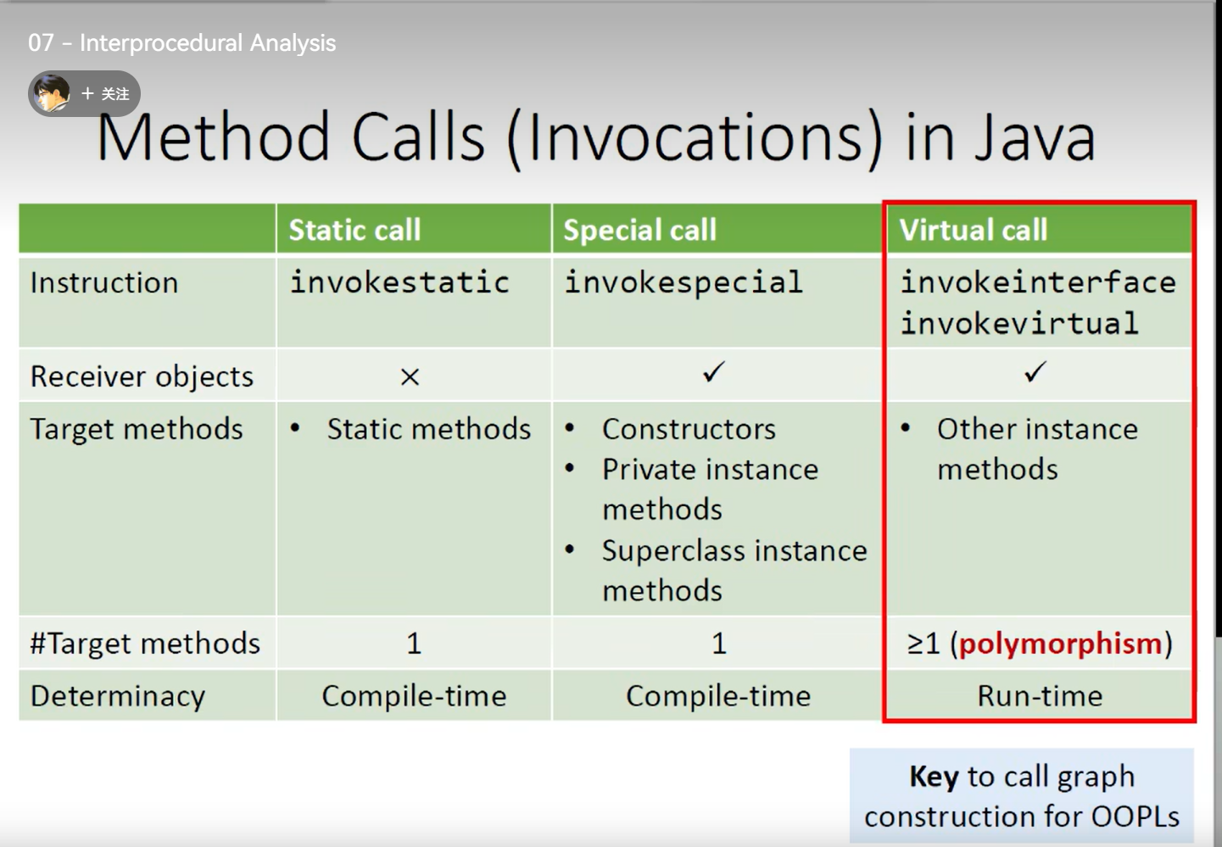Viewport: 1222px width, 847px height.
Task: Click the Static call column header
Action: click(354, 230)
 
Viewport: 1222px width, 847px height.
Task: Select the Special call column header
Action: click(639, 230)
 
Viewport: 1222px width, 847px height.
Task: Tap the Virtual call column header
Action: click(974, 230)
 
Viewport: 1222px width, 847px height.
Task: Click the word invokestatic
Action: click(399, 282)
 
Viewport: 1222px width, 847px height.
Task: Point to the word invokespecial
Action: click(684, 283)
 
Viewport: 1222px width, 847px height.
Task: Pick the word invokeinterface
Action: click(1038, 282)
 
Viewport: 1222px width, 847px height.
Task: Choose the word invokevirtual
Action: click(1019, 323)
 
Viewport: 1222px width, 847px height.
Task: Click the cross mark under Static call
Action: click(410, 376)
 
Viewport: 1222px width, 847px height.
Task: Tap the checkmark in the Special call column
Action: click(713, 372)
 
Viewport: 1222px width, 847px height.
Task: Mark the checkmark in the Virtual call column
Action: click(1035, 372)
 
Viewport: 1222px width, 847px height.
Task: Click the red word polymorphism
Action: click(1061, 644)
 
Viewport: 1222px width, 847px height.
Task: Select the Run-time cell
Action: click(1040, 696)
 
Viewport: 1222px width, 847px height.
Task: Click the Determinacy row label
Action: click(118, 697)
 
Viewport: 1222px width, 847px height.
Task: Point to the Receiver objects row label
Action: click(142, 377)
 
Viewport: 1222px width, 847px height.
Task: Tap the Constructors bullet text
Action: click(689, 429)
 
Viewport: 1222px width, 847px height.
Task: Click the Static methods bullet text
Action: click(429, 429)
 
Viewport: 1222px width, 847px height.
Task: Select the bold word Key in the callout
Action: click(934, 777)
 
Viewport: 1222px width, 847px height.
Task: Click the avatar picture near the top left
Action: click(51, 93)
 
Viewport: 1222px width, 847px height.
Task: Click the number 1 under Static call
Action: click(414, 643)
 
